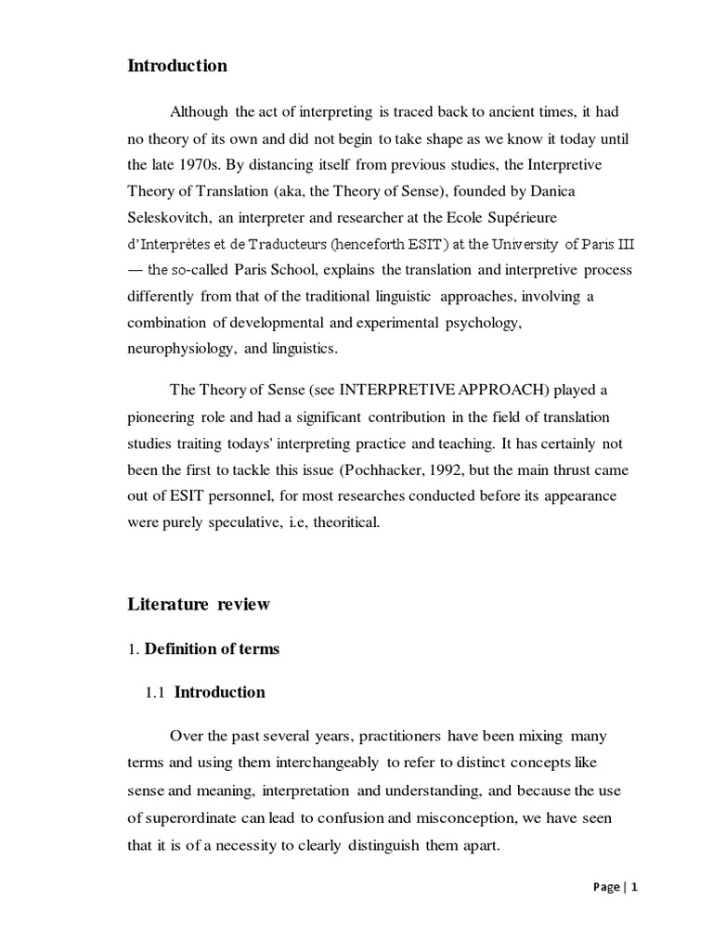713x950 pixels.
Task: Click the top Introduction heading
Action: (177, 66)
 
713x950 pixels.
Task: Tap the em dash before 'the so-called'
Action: (135, 270)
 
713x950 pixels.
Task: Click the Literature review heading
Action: (199, 604)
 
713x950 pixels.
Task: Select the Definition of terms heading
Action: (212, 648)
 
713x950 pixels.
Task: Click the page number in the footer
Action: (635, 887)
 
